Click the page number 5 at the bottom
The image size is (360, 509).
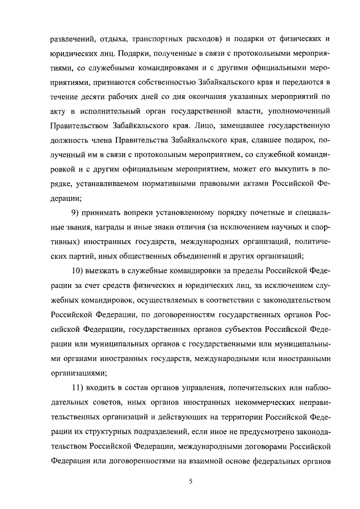coord(191,480)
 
